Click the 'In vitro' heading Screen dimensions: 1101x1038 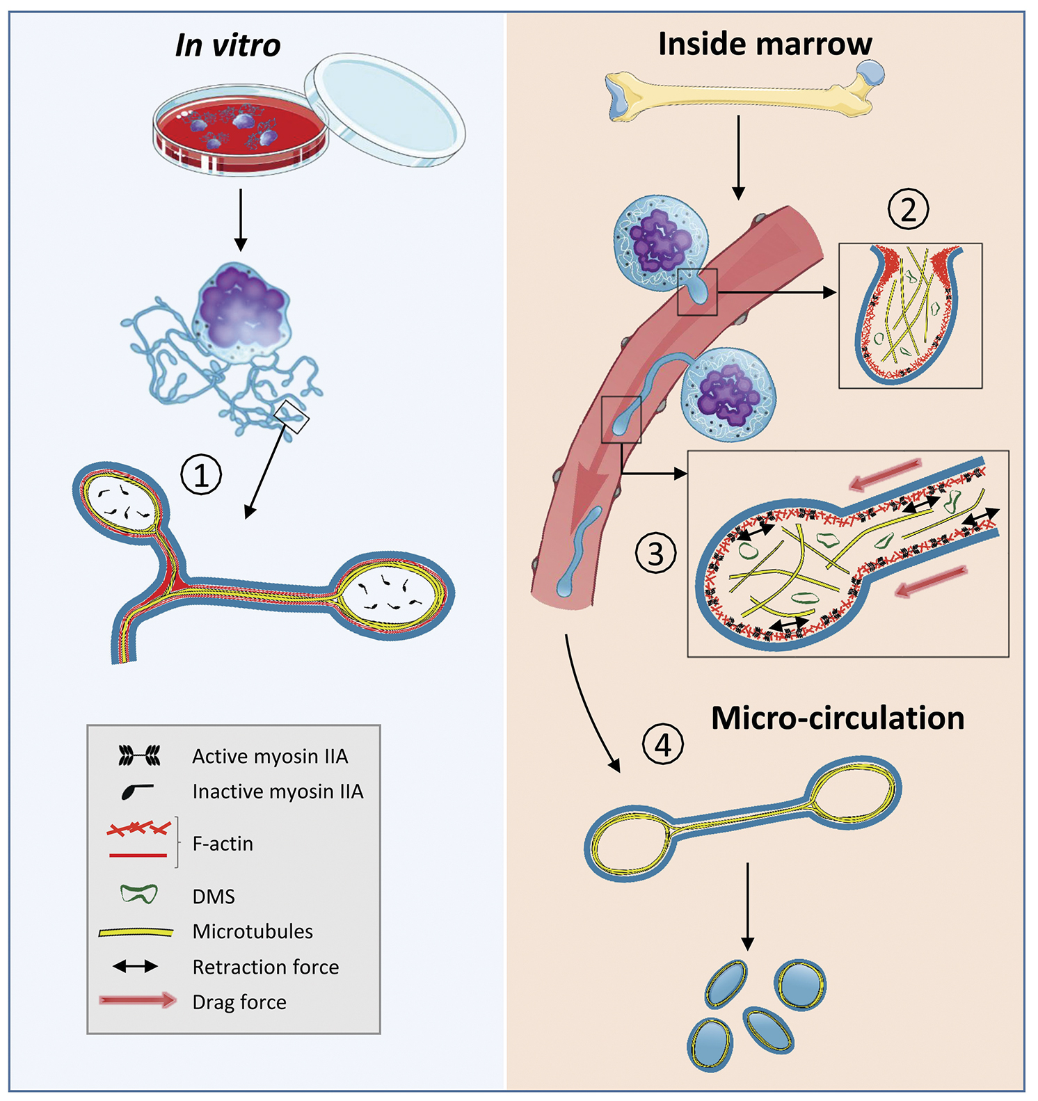[227, 46]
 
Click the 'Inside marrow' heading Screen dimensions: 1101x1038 [765, 44]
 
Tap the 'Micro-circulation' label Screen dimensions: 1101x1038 [838, 718]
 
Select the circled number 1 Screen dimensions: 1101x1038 [201, 475]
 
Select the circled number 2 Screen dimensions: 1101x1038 [909, 209]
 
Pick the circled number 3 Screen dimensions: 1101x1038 [656, 554]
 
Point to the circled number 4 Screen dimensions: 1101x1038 [662, 745]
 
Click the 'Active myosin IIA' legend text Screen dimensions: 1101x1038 [270, 756]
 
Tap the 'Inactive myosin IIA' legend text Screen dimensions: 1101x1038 [278, 791]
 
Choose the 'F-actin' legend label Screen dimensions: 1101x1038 [223, 844]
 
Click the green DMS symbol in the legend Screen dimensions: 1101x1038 [139, 894]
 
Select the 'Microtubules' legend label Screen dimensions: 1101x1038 [253, 931]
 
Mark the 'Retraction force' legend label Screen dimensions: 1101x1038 [266, 967]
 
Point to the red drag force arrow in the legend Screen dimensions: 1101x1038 [137, 1001]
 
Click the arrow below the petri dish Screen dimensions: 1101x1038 [240, 219]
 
